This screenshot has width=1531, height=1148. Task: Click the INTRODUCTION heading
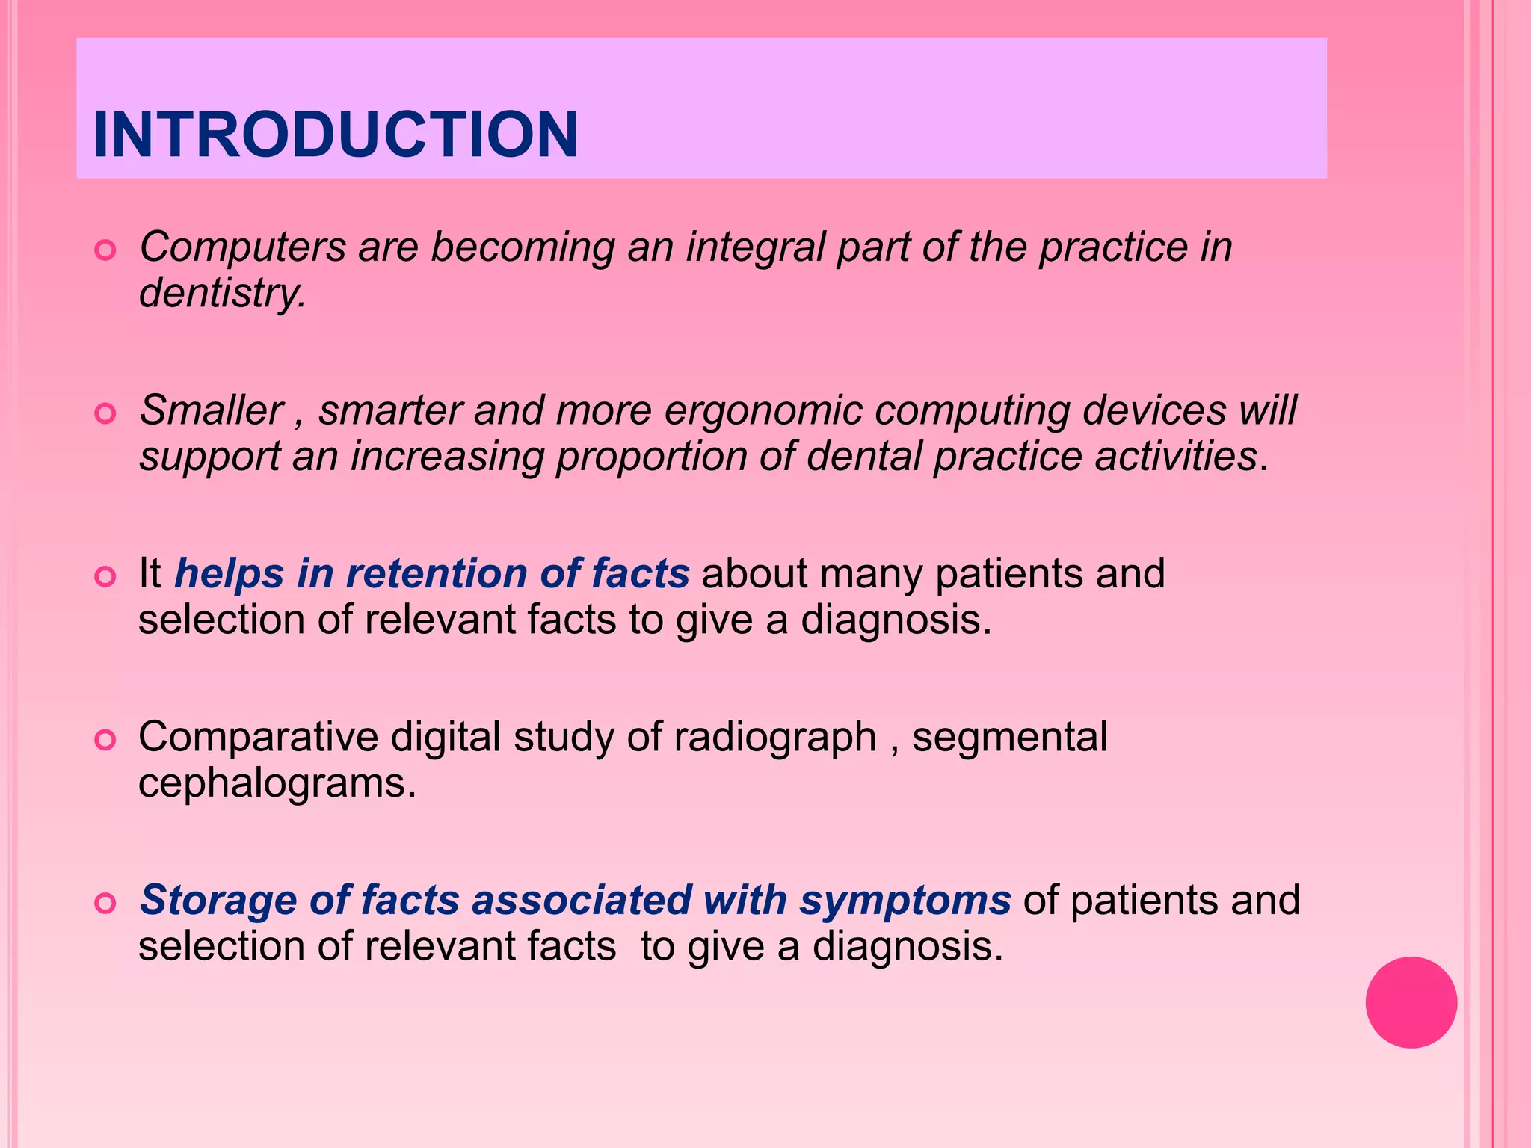pyautogui.click(x=336, y=135)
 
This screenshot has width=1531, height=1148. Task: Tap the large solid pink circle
pyautogui.click(x=1411, y=1002)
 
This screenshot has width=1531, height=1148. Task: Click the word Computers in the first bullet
pyautogui.click(x=243, y=247)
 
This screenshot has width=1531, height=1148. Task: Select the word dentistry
pyautogui.click(x=222, y=293)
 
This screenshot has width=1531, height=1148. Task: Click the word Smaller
pyautogui.click(x=212, y=410)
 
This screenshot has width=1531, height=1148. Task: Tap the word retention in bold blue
pyautogui.click(x=436, y=574)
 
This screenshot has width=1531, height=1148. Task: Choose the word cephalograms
pyautogui.click(x=276, y=784)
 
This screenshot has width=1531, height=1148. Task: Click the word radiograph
pyautogui.click(x=774, y=738)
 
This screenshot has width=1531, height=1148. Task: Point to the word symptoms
pyautogui.click(x=905, y=901)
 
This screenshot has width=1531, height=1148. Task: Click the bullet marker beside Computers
pyautogui.click(x=105, y=250)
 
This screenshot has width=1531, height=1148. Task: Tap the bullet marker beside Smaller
pyautogui.click(x=105, y=413)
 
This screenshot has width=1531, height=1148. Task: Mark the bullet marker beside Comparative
pyautogui.click(x=105, y=740)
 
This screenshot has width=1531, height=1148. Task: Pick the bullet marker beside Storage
pyautogui.click(x=105, y=904)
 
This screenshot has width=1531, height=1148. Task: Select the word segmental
pyautogui.click(x=1009, y=738)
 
